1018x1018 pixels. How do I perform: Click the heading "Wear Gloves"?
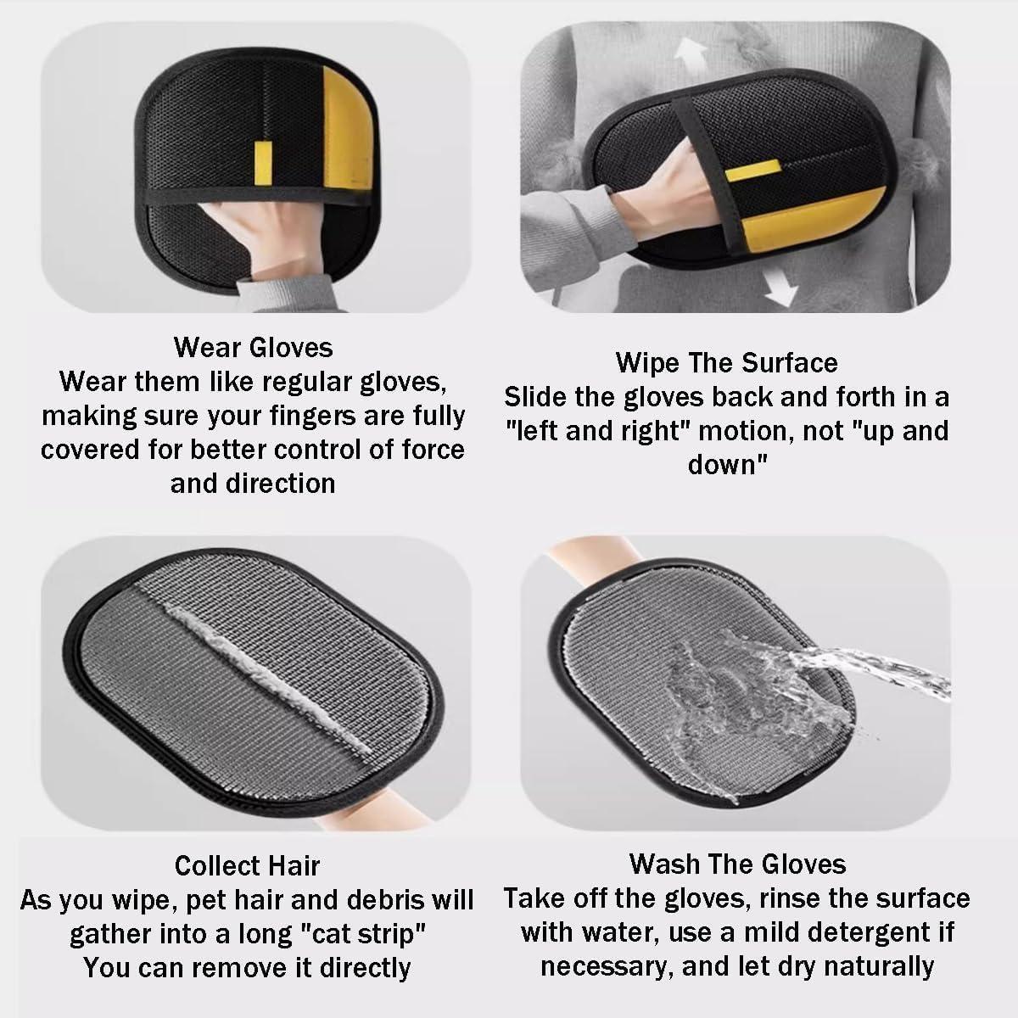pyautogui.click(x=253, y=347)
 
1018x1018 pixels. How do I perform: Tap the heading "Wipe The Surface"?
pyautogui.click(x=726, y=363)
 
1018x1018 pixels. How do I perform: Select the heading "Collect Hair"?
pyautogui.click(x=247, y=865)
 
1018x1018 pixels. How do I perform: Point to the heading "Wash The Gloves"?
pyautogui.click(x=737, y=864)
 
